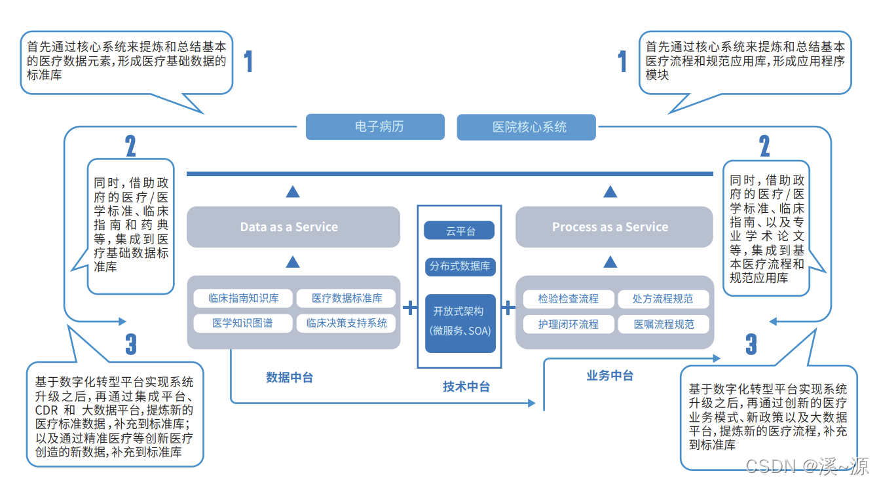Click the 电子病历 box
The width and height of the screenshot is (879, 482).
pyautogui.click(x=375, y=127)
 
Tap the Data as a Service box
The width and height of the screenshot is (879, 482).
pyautogui.click(x=293, y=227)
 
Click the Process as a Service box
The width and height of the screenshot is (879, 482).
pyautogui.click(x=614, y=227)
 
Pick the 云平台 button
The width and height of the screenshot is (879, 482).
pyautogui.click(x=459, y=231)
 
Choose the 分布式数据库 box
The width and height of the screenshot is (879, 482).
pyautogui.click(x=459, y=267)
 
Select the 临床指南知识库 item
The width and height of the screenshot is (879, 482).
pyautogui.click(x=243, y=299)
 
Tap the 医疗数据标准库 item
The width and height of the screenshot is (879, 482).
pyautogui.click(x=346, y=299)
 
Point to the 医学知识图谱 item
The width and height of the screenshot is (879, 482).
pyautogui.click(x=243, y=324)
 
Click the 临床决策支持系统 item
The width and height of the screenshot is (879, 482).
pyautogui.click(x=346, y=324)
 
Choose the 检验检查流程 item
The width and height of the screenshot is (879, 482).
pyautogui.click(x=568, y=299)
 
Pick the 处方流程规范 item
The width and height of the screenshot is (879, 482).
pyautogui.click(x=663, y=299)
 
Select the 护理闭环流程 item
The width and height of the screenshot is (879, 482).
pyautogui.click(x=568, y=324)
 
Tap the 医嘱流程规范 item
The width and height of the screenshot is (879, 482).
pyautogui.click(x=663, y=324)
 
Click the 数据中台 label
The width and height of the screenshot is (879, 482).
pyautogui.click(x=289, y=377)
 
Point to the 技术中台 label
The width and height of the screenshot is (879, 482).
pyautogui.click(x=466, y=386)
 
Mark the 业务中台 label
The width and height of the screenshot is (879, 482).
pyautogui.click(x=609, y=376)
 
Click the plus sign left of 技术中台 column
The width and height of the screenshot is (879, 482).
pyautogui.click(x=410, y=308)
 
